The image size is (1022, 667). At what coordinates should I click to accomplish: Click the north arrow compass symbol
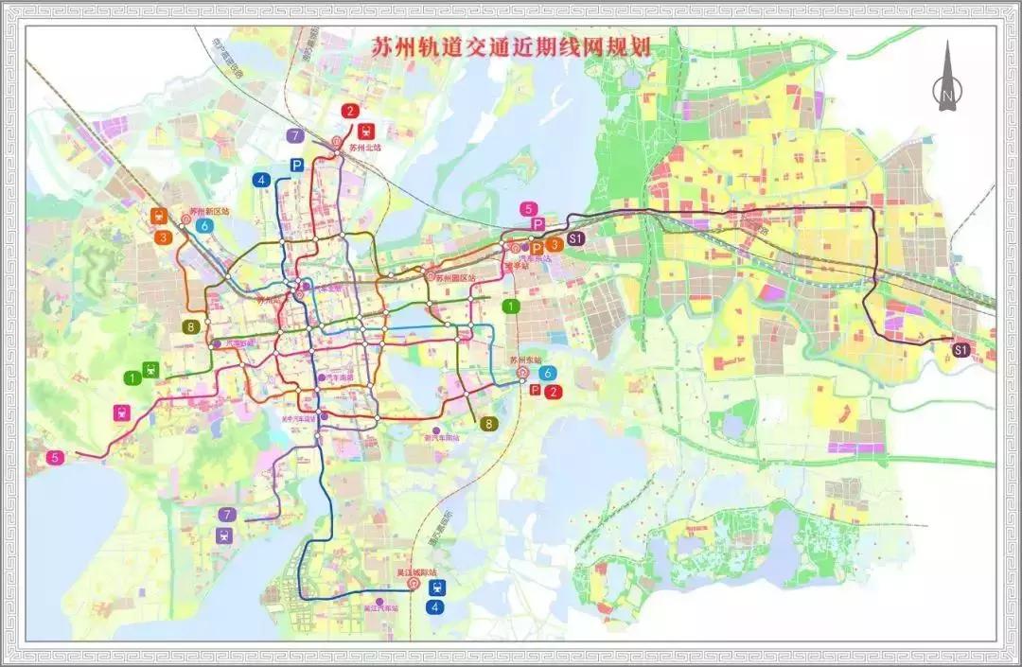(947, 80)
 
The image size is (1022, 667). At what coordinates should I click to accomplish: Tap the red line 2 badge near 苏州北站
(351, 112)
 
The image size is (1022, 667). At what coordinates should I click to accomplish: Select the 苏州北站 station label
(364, 148)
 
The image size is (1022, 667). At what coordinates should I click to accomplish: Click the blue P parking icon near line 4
(297, 165)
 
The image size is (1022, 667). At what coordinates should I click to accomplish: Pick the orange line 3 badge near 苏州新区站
(164, 237)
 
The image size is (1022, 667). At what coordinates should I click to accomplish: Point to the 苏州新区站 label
(209, 212)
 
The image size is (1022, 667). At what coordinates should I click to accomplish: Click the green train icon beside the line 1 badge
(150, 369)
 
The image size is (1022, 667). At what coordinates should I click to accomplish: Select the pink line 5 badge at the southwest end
(56, 457)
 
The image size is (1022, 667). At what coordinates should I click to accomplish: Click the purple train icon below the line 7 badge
(224, 535)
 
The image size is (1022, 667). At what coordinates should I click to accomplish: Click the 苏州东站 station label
(523, 360)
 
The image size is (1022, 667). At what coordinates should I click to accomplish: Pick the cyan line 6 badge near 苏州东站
(546, 372)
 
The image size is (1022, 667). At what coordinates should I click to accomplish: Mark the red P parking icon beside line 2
(536, 390)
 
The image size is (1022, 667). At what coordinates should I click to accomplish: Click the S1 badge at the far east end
(961, 350)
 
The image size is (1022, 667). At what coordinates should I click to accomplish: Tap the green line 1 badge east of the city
(512, 306)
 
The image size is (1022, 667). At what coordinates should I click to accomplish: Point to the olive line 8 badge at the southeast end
(489, 423)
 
